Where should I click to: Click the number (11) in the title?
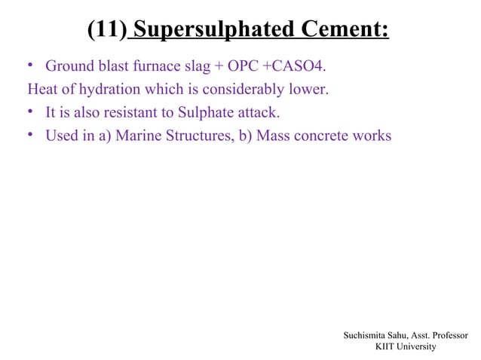(x=106, y=30)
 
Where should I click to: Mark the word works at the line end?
(x=373, y=137)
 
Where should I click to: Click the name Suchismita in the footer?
(x=366, y=334)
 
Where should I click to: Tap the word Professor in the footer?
(x=446, y=334)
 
